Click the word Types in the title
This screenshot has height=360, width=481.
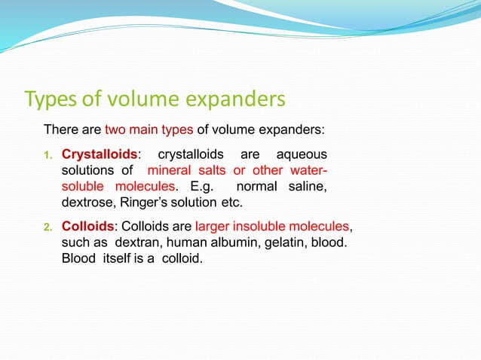click(50, 99)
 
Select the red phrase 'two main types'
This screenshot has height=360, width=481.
click(149, 130)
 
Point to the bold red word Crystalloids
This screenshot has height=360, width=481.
click(100, 154)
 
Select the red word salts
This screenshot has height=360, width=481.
click(213, 170)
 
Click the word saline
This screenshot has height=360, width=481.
click(308, 186)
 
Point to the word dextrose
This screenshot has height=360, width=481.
click(87, 203)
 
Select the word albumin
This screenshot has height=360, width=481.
click(228, 242)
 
